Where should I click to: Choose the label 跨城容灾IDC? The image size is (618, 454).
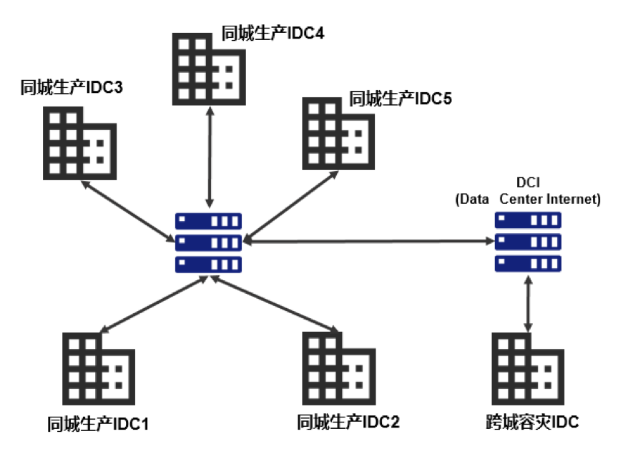530,422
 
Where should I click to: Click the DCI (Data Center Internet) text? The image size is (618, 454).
528,192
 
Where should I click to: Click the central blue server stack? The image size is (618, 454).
208,242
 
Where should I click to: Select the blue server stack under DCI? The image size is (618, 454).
528,242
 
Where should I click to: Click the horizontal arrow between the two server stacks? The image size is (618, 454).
368,242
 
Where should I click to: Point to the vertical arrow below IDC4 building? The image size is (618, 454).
208,157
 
